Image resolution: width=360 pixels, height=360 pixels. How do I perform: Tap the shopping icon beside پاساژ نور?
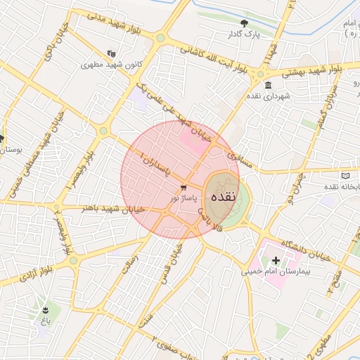point(184,188)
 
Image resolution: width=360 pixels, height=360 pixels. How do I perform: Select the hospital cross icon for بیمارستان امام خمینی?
point(276,261)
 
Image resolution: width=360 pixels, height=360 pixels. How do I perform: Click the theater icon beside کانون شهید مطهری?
point(111,53)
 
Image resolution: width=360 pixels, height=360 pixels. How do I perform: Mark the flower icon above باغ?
point(46,309)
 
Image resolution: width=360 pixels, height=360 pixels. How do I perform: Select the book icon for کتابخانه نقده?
point(345,175)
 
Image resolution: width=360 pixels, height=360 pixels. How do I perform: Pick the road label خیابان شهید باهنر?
point(113,209)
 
